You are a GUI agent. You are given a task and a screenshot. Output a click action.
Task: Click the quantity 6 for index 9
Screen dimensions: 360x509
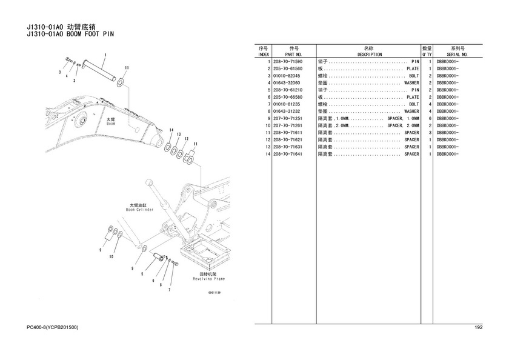pos(429,118)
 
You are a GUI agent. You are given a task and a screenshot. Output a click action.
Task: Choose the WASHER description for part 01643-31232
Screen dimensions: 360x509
pos(411,112)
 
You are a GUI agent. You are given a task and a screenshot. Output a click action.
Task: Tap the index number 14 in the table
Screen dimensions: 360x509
pos(267,154)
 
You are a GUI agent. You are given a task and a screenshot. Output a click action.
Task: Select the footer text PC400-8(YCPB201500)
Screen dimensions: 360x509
pos(53,328)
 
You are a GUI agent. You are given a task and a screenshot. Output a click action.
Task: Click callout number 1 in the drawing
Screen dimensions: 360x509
pos(104,55)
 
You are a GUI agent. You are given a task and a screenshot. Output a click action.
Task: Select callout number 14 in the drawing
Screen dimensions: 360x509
pos(171,131)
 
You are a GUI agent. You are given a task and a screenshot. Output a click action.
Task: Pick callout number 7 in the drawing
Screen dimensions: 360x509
pos(169,290)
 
